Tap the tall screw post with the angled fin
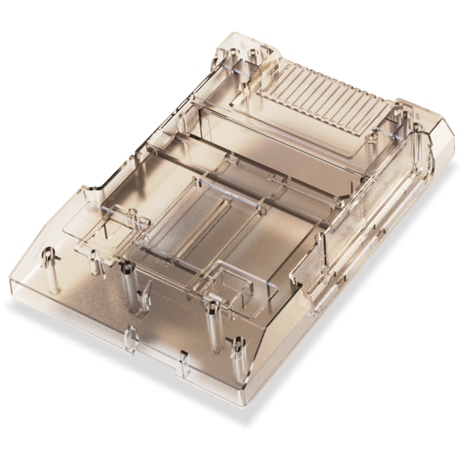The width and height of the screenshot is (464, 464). (x=130, y=289)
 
